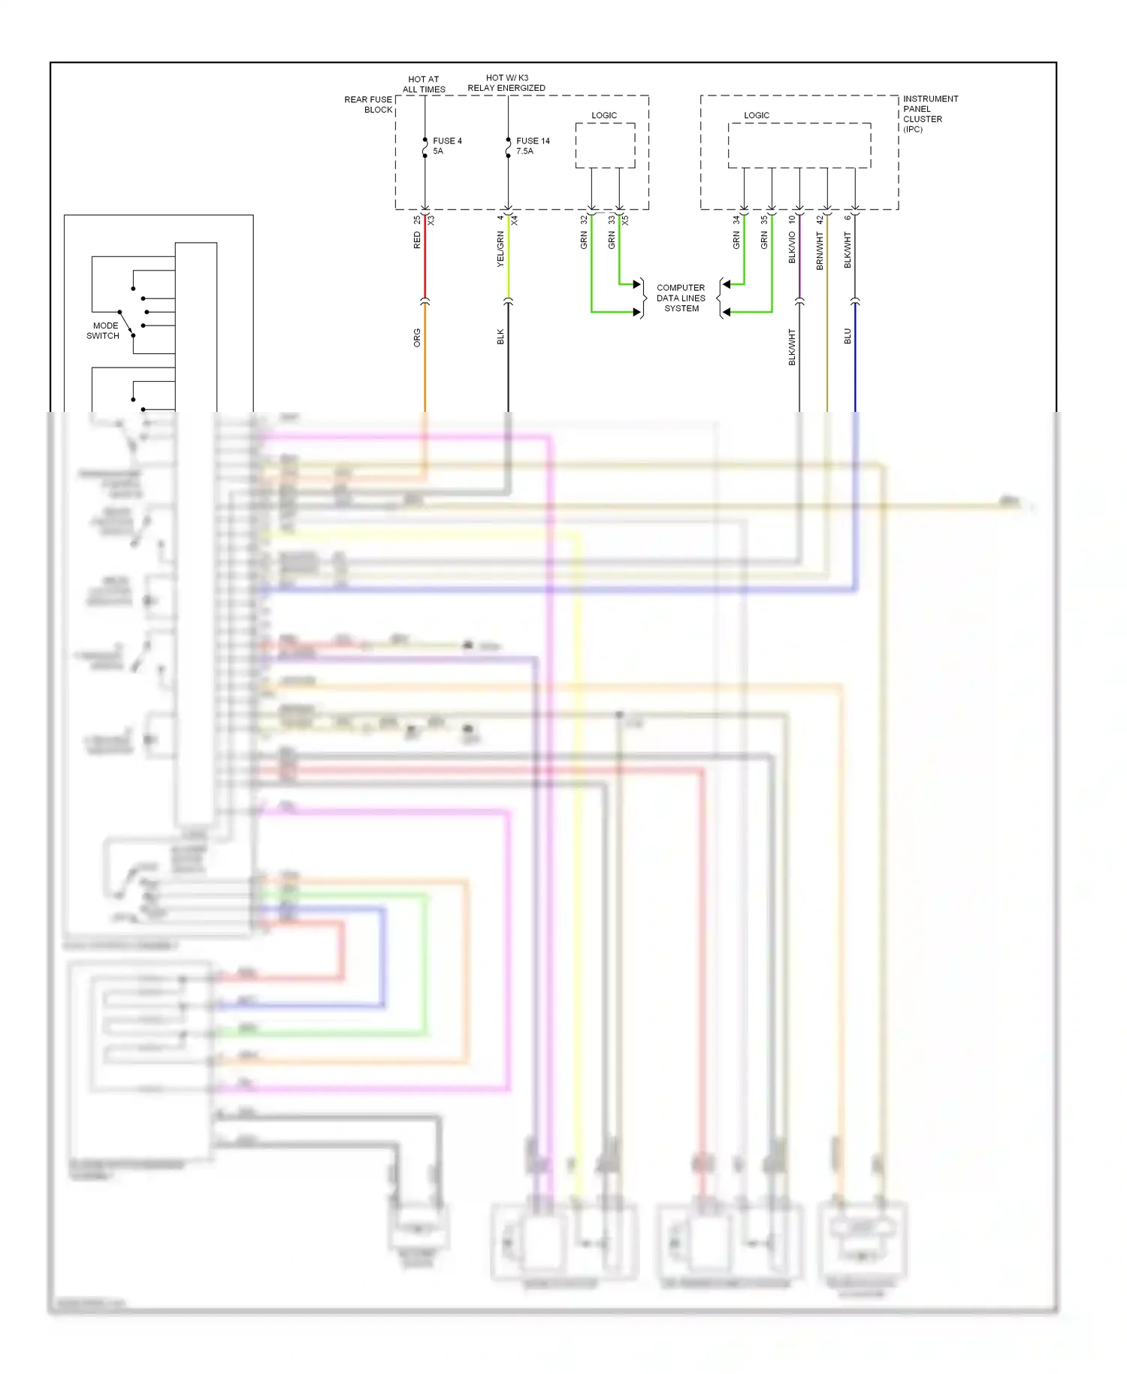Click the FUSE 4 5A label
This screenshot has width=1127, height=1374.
pyautogui.click(x=446, y=146)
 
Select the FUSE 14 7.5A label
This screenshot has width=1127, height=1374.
pyautogui.click(x=532, y=146)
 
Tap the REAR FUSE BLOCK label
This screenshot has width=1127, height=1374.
pyautogui.click(x=368, y=104)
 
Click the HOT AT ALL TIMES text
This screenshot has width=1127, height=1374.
pyautogui.click(x=424, y=84)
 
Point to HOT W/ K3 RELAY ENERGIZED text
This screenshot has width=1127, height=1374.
pyautogui.click(x=506, y=83)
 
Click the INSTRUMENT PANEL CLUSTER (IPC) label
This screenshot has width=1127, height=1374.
pyautogui.click(x=929, y=113)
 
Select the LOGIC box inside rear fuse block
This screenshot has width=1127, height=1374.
pyautogui.click(x=605, y=145)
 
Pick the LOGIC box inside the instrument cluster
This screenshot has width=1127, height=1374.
pyautogui.click(x=799, y=145)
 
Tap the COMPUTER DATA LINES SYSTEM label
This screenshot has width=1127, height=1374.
pyautogui.click(x=681, y=298)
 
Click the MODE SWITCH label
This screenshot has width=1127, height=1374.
pyautogui.click(x=104, y=331)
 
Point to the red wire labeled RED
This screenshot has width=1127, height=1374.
pyautogui.click(x=425, y=263)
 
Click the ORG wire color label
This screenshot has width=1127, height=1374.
pyautogui.click(x=417, y=337)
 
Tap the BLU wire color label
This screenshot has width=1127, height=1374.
pyautogui.click(x=848, y=336)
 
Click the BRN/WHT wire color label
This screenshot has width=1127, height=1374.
pyautogui.click(x=820, y=250)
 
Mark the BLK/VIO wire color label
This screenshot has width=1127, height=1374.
pyautogui.click(x=792, y=247)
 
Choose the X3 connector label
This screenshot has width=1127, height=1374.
pyautogui.click(x=431, y=220)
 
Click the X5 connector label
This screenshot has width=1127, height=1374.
pyautogui.click(x=625, y=220)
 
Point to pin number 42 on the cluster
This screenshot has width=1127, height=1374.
pyautogui.click(x=820, y=219)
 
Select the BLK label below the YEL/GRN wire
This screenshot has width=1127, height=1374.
pyautogui.click(x=500, y=337)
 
